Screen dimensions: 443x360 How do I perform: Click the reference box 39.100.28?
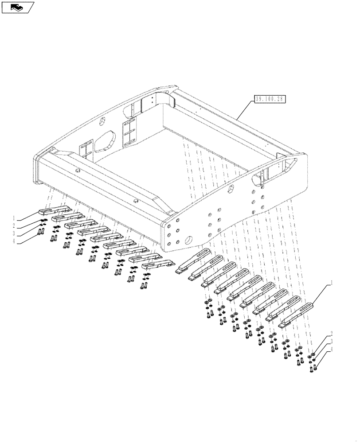(x=270, y=100)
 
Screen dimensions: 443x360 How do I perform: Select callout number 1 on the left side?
(x=14, y=218)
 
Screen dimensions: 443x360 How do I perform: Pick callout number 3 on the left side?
(x=14, y=233)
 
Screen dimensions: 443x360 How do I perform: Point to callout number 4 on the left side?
(x=14, y=241)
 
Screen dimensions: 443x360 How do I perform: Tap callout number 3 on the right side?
(x=331, y=341)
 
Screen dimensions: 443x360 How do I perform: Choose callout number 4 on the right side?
(x=331, y=349)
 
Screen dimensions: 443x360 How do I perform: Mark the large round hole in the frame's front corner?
(x=190, y=242)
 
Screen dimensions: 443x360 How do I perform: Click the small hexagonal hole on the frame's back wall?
(x=103, y=121)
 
